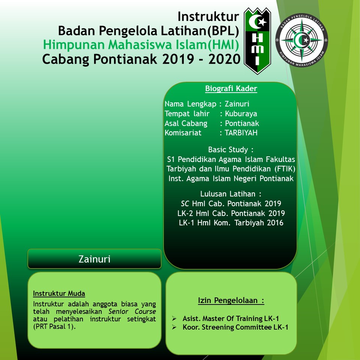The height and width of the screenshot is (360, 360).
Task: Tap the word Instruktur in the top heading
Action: (x=208, y=17)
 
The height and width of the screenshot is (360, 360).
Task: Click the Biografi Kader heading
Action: (x=231, y=89)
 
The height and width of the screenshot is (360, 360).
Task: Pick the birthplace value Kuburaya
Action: (x=241, y=114)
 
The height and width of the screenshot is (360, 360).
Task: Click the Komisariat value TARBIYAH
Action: (x=241, y=133)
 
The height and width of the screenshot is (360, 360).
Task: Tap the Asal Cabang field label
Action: (x=186, y=123)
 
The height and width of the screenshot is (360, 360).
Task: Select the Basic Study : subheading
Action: (x=231, y=150)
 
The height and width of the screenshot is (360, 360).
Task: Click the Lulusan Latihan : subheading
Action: (x=231, y=194)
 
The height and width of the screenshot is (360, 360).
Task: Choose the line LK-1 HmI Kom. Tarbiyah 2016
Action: (x=231, y=223)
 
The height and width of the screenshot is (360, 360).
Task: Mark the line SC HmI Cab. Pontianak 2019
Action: (x=231, y=204)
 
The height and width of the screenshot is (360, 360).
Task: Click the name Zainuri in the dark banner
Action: (x=94, y=259)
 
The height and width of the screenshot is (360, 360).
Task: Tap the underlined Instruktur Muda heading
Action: (x=59, y=293)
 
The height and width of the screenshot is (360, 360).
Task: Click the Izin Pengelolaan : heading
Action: (x=231, y=300)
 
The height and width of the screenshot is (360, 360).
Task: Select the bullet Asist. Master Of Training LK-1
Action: (x=235, y=318)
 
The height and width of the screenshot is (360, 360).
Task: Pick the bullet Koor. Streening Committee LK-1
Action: (x=235, y=327)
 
